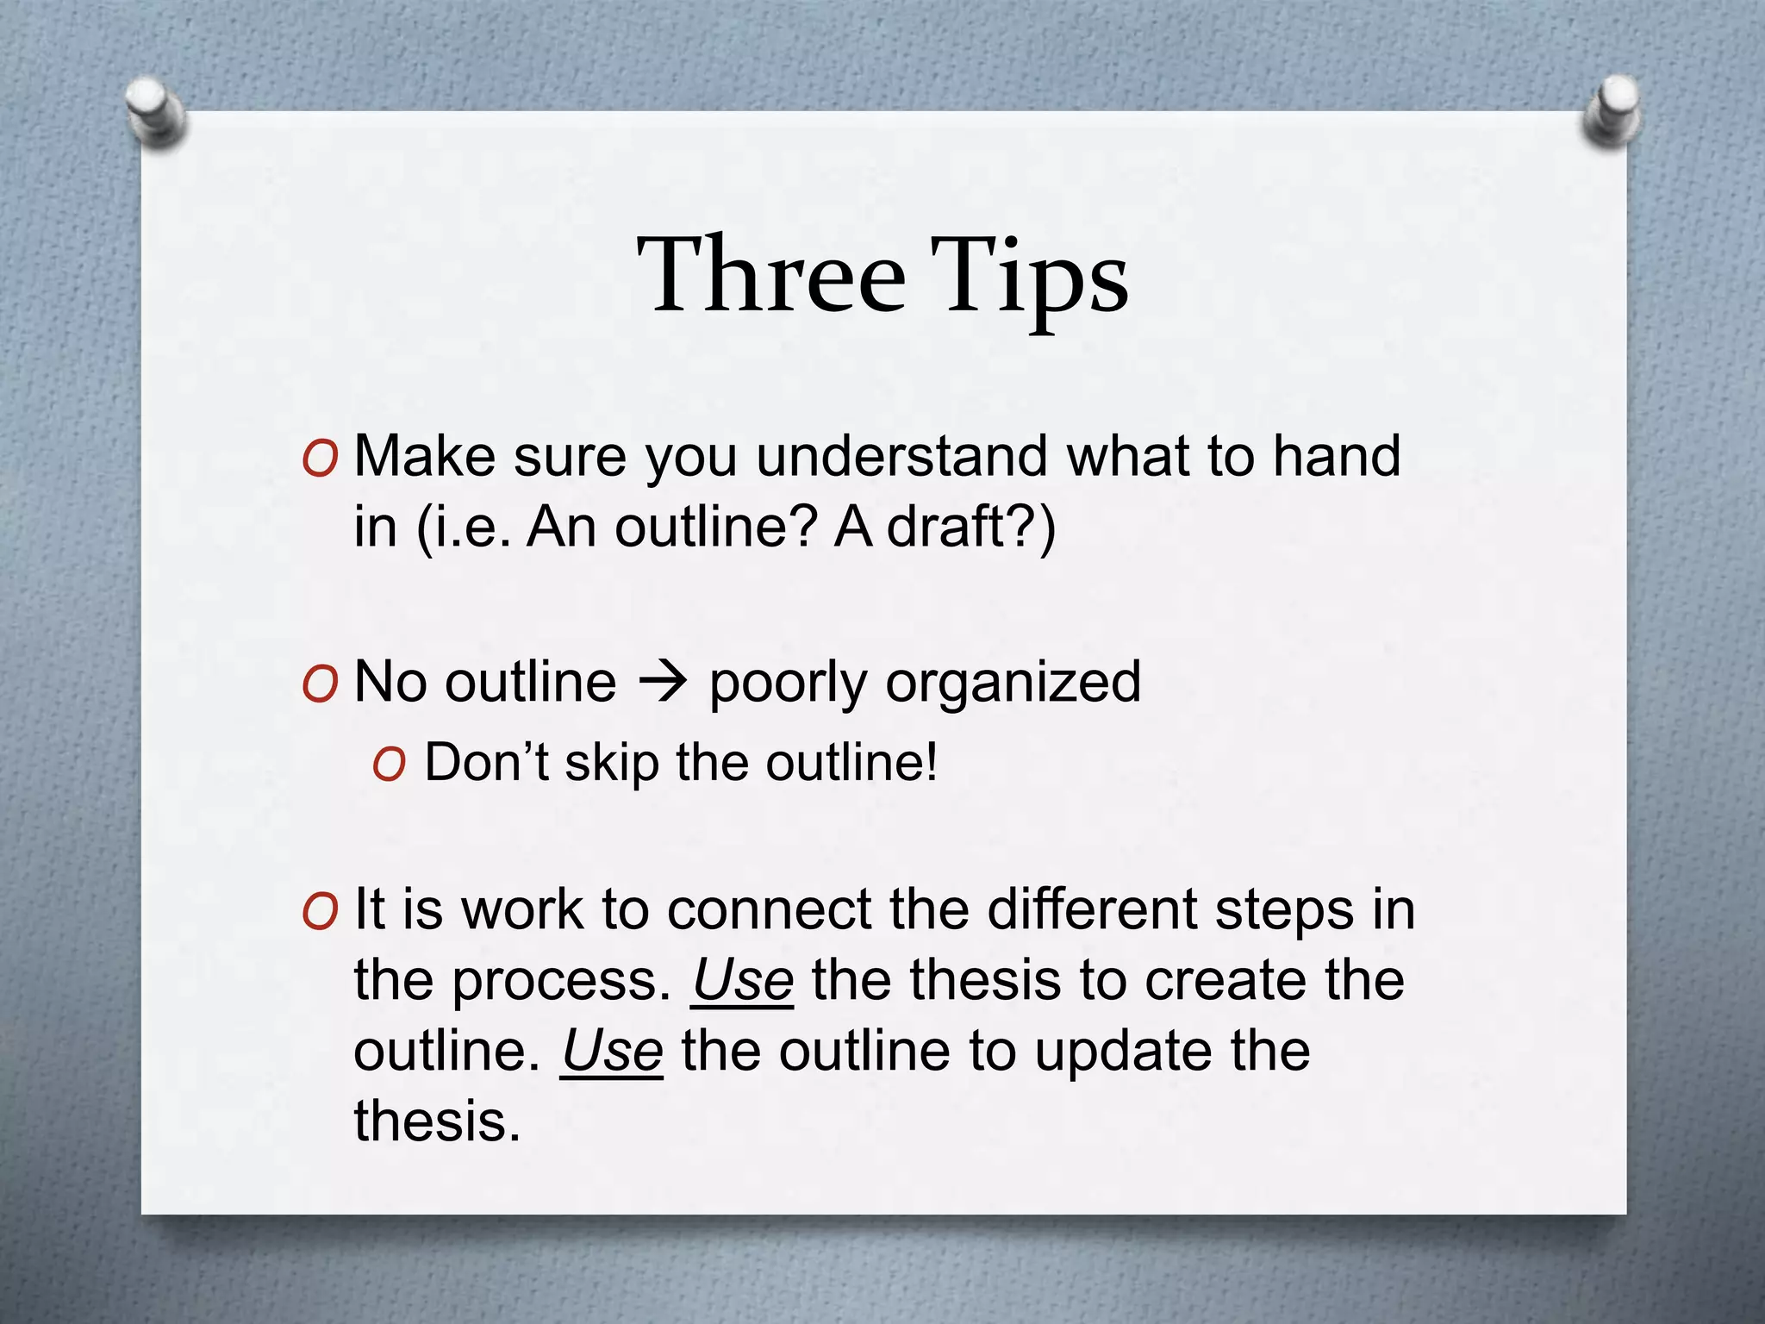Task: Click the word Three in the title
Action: (x=771, y=276)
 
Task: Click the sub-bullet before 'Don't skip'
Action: (x=389, y=765)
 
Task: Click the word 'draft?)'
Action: (x=970, y=527)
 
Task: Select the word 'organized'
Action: (x=1013, y=684)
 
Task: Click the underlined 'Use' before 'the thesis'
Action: (x=742, y=981)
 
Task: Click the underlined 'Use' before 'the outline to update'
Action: (x=612, y=1052)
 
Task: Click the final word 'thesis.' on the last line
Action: (x=438, y=1122)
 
